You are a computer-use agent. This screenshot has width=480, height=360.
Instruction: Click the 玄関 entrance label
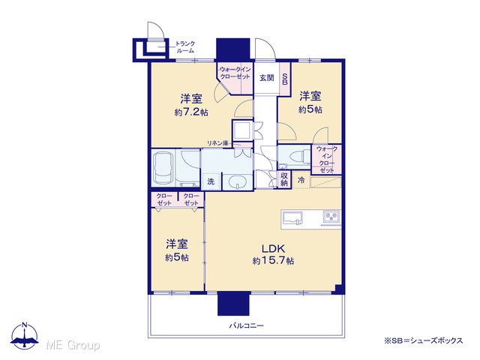click(x=267, y=78)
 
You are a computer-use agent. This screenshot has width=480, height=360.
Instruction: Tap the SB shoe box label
click(x=285, y=79)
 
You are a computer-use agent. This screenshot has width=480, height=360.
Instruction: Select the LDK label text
click(x=273, y=248)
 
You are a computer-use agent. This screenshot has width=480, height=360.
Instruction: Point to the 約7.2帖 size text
click(x=191, y=112)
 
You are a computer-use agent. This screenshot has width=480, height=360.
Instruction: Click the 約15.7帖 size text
click(x=273, y=261)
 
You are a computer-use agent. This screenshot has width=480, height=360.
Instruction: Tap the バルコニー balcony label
click(x=247, y=325)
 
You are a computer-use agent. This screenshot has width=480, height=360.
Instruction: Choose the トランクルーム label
click(x=185, y=47)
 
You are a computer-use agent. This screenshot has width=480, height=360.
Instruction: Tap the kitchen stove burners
click(x=331, y=217)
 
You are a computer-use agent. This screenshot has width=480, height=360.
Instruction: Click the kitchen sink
click(x=292, y=217)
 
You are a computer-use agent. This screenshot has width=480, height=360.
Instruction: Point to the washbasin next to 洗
click(x=238, y=181)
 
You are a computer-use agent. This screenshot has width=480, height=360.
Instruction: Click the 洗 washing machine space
click(x=211, y=181)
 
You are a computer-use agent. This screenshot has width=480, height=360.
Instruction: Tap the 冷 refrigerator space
click(x=301, y=180)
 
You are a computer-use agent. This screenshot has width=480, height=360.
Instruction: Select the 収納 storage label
click(x=284, y=179)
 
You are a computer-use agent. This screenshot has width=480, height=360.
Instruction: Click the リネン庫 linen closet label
click(x=217, y=143)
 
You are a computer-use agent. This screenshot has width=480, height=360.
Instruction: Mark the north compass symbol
click(x=25, y=335)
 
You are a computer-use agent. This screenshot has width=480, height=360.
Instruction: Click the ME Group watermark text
click(x=73, y=345)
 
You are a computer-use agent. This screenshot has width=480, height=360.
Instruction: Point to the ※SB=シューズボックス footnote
click(x=423, y=340)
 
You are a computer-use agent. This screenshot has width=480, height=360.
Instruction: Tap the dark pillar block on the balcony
click(x=233, y=303)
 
